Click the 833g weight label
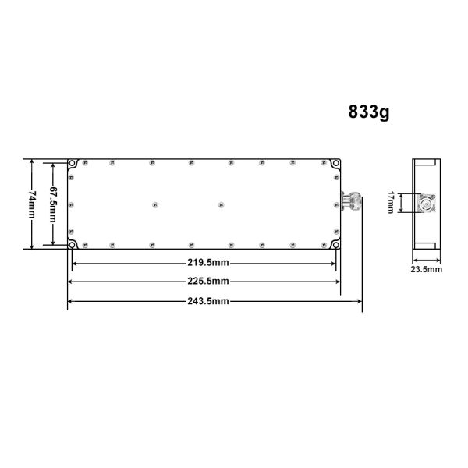[369, 112]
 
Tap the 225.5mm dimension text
[207, 281]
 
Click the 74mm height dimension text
[32, 204]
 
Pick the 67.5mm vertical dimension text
[53, 204]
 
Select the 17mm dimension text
[390, 204]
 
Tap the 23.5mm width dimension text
[426, 269]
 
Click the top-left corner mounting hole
[72, 165]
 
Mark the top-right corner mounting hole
[336, 165]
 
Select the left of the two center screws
[154, 205]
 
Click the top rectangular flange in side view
[426, 163]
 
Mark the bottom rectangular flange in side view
[426, 246]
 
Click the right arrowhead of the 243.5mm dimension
[360, 301]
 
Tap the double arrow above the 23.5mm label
[426, 258]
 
